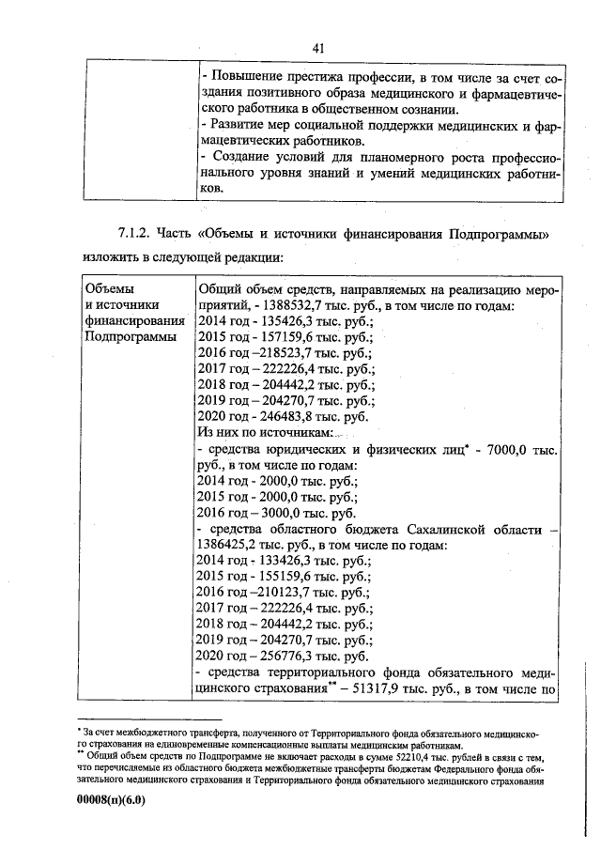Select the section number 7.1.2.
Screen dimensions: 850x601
[x=133, y=233]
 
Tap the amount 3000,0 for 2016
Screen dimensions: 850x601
[x=286, y=514]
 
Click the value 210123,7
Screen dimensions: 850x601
[x=288, y=594]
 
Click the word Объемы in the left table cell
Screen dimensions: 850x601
[x=109, y=288]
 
